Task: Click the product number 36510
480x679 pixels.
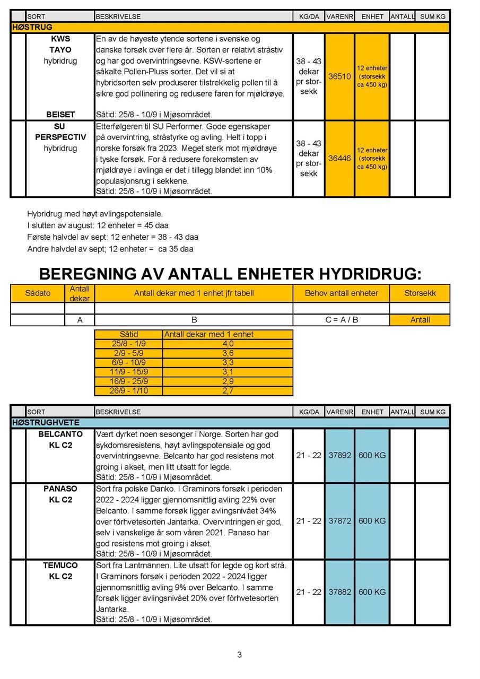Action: coord(339,76)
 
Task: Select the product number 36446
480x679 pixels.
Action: coord(339,158)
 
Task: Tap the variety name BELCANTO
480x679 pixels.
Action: coord(60,434)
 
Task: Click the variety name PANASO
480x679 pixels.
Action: coord(60,489)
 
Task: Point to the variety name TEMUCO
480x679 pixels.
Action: coord(60,565)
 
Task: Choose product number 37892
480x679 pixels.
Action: coord(339,455)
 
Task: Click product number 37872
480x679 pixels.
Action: coord(339,521)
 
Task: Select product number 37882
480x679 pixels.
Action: coord(339,592)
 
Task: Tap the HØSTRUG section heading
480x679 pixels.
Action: coord(32,27)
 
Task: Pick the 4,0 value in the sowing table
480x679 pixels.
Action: coord(228,344)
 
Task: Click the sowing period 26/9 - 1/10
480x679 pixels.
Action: coord(129,391)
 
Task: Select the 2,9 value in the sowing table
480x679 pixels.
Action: coord(228,381)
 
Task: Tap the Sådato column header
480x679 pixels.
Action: coord(38,293)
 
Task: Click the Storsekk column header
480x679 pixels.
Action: coord(420,293)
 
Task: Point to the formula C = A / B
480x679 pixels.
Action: coord(341,320)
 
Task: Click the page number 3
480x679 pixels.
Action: coord(239,655)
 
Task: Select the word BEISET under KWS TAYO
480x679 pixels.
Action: coord(60,115)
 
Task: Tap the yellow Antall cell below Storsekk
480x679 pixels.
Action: coord(420,320)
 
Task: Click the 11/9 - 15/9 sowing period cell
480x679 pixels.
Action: coord(129,372)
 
